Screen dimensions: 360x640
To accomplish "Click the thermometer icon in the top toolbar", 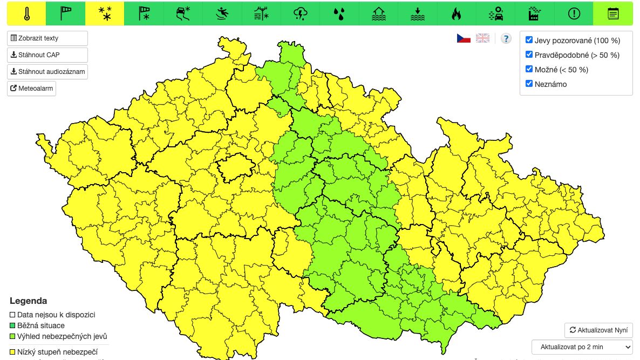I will [x=26, y=13].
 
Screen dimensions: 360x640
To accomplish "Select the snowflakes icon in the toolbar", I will [x=105, y=13].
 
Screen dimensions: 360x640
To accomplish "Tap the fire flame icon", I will [x=457, y=13].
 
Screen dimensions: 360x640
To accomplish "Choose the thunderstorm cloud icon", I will [x=300, y=13].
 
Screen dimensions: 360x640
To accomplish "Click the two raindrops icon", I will [x=339, y=13].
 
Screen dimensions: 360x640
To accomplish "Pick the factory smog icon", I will [x=534, y=13].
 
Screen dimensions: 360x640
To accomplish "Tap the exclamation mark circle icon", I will [x=574, y=13].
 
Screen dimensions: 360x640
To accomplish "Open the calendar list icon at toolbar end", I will [x=613, y=13].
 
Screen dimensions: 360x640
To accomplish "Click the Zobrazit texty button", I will [x=47, y=38].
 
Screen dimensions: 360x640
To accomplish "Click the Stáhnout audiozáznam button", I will [x=47, y=72].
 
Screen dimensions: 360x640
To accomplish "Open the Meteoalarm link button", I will [x=32, y=89].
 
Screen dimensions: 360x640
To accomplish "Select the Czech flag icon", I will [x=464, y=38].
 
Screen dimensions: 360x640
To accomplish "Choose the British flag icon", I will [x=482, y=38].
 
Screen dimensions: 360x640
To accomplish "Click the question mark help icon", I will [x=506, y=38].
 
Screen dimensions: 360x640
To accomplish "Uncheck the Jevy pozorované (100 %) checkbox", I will [x=529, y=40].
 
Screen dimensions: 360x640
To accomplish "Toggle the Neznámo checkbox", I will [x=529, y=84].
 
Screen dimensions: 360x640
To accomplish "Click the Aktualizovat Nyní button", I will [x=598, y=330].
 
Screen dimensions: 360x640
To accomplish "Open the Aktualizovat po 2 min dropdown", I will [x=582, y=347].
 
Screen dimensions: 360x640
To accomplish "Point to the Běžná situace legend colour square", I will [x=13, y=325].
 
